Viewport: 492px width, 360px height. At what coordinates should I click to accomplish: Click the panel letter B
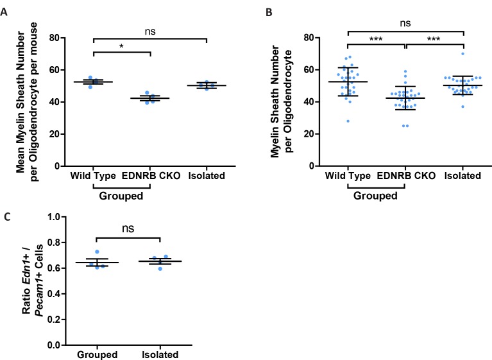(260, 12)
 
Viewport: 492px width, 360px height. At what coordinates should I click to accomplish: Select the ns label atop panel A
(151, 30)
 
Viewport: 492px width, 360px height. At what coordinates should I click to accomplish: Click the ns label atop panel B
(405, 24)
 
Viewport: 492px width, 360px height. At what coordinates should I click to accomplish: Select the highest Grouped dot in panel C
(98, 252)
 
